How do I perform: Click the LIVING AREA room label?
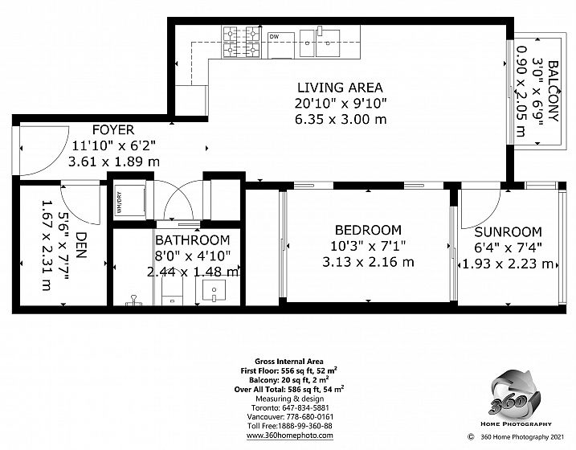tap(340, 88)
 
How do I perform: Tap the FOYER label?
tap(113, 129)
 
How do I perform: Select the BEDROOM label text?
tap(368, 230)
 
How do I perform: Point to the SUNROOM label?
tap(508, 232)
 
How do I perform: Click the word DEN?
tap(81, 245)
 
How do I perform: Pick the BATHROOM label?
tap(193, 240)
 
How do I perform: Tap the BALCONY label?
tap(554, 91)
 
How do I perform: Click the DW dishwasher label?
tap(275, 36)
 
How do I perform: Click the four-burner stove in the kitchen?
tap(241, 42)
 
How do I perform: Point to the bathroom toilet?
tap(172, 287)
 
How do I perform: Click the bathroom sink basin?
tap(214, 290)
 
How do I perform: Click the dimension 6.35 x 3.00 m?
tap(341, 120)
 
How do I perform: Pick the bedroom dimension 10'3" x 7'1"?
tap(368, 246)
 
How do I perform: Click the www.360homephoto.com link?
tap(290, 436)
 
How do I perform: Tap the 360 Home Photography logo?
tap(516, 398)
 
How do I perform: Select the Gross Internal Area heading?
tap(289, 362)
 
